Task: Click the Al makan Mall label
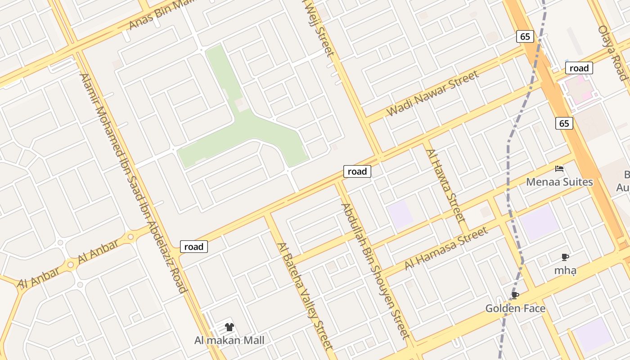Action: click(229, 340)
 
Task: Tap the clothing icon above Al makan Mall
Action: click(229, 327)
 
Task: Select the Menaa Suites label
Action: click(559, 182)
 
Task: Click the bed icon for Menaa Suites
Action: click(559, 169)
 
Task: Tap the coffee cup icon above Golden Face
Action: click(515, 295)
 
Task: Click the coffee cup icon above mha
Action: click(565, 257)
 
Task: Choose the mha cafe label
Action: click(565, 270)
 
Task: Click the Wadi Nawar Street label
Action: click(433, 94)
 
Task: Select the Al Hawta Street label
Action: click(445, 186)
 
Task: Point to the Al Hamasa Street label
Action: click(445, 248)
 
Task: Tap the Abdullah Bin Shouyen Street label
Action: click(375, 271)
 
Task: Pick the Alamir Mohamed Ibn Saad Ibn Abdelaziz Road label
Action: click(133, 182)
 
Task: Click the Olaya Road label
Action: click(613, 52)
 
